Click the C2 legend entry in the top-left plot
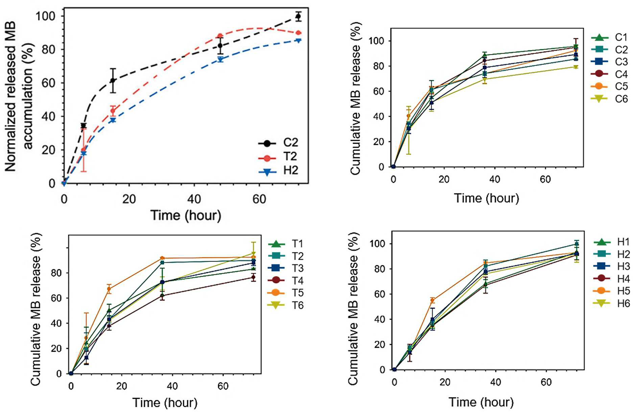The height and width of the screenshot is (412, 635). [278, 143]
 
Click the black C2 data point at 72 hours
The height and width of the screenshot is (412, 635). [298, 16]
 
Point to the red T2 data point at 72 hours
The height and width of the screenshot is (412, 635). [298, 33]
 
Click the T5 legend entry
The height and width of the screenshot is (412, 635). [286, 293]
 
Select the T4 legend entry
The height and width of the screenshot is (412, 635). [286, 280]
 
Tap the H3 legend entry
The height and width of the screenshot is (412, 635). [612, 266]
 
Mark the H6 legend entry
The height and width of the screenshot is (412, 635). [612, 303]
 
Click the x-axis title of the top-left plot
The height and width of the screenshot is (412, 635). [186, 215]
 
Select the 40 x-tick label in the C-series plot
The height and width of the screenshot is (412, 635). [494, 179]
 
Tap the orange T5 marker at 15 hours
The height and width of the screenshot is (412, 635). [109, 289]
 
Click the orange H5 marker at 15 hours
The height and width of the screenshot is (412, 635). [432, 300]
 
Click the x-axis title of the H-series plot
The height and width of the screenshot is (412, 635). [481, 402]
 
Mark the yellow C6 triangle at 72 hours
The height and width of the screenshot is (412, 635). [576, 67]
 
